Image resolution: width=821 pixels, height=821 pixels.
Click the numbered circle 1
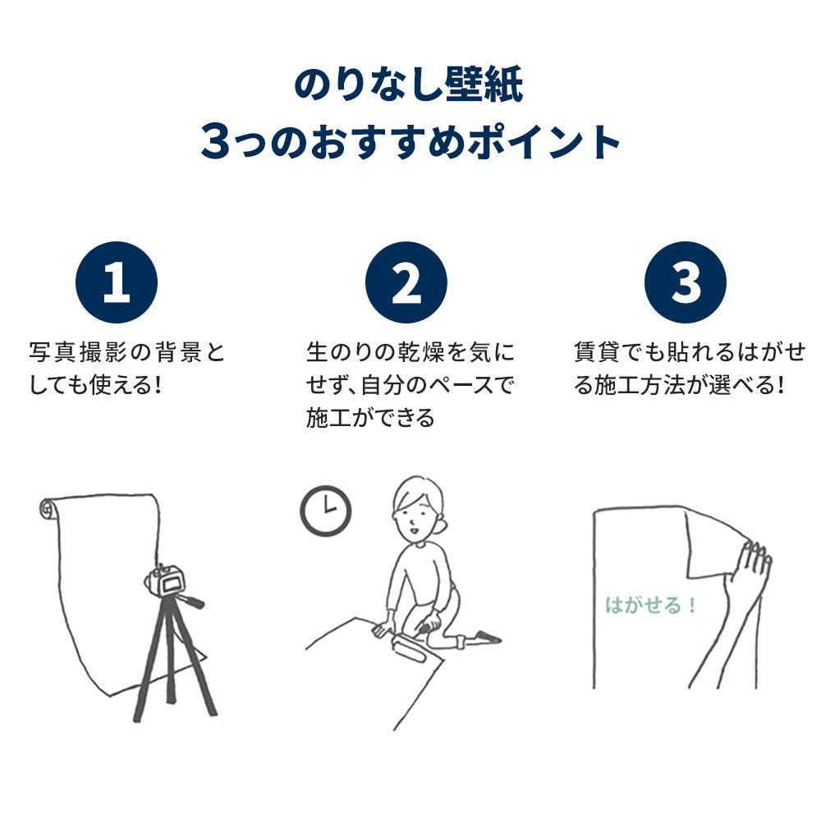click(116, 282)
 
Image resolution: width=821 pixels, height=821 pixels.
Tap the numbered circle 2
click(406, 282)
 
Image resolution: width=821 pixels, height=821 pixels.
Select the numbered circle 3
click(686, 282)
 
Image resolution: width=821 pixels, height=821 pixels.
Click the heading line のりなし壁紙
click(408, 86)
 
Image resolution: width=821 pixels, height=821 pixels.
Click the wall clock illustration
click(325, 511)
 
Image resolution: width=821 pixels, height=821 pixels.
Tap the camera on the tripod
click(167, 581)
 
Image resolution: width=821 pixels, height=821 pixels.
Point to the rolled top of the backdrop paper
click(49, 510)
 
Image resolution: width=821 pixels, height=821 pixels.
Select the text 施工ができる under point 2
click(370, 418)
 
